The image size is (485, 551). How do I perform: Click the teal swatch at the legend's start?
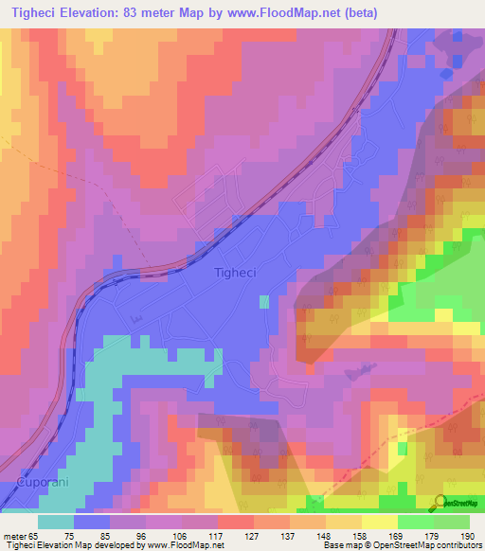[55, 521]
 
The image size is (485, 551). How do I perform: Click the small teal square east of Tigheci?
[263, 302]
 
